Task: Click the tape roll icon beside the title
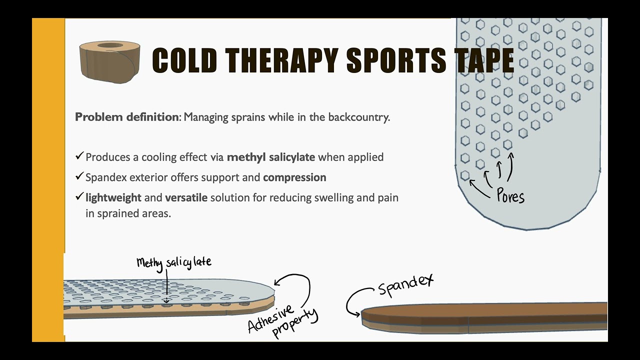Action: (109, 61)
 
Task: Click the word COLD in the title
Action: (184, 61)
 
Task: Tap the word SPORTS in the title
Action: (396, 61)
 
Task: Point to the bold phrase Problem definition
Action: (127, 117)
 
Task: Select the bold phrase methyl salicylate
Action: (271, 157)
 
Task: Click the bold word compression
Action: (294, 177)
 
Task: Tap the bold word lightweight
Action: (113, 197)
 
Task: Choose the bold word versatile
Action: (186, 197)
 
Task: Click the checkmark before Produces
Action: (79, 156)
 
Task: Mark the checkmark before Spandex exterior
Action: (79, 176)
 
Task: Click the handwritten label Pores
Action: (510, 195)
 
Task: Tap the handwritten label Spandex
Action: (405, 284)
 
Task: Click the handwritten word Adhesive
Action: (270, 318)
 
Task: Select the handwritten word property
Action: (295, 324)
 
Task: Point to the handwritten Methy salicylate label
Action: (174, 262)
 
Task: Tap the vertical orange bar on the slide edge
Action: (48, 180)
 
